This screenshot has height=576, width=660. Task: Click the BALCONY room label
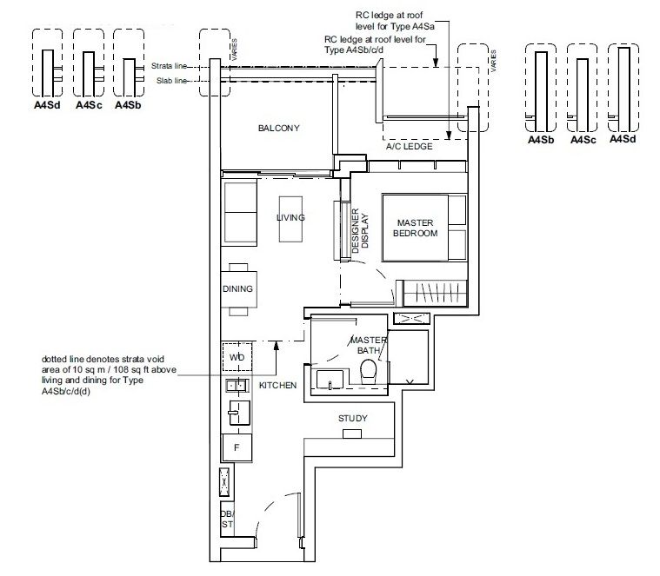coord(278,129)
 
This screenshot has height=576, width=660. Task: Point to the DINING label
coord(237,289)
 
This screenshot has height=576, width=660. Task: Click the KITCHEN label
coord(277,384)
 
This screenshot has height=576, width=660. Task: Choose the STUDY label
coord(352,419)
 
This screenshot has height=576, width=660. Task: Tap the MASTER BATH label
coord(367,344)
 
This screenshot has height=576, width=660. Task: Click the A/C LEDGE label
coord(410,147)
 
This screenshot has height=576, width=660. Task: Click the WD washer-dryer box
coord(237,357)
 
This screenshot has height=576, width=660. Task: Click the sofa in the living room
coord(238,214)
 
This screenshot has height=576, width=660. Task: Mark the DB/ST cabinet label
coord(226,518)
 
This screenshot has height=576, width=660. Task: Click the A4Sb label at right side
coord(541,139)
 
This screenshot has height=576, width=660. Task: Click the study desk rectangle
coord(351,434)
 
